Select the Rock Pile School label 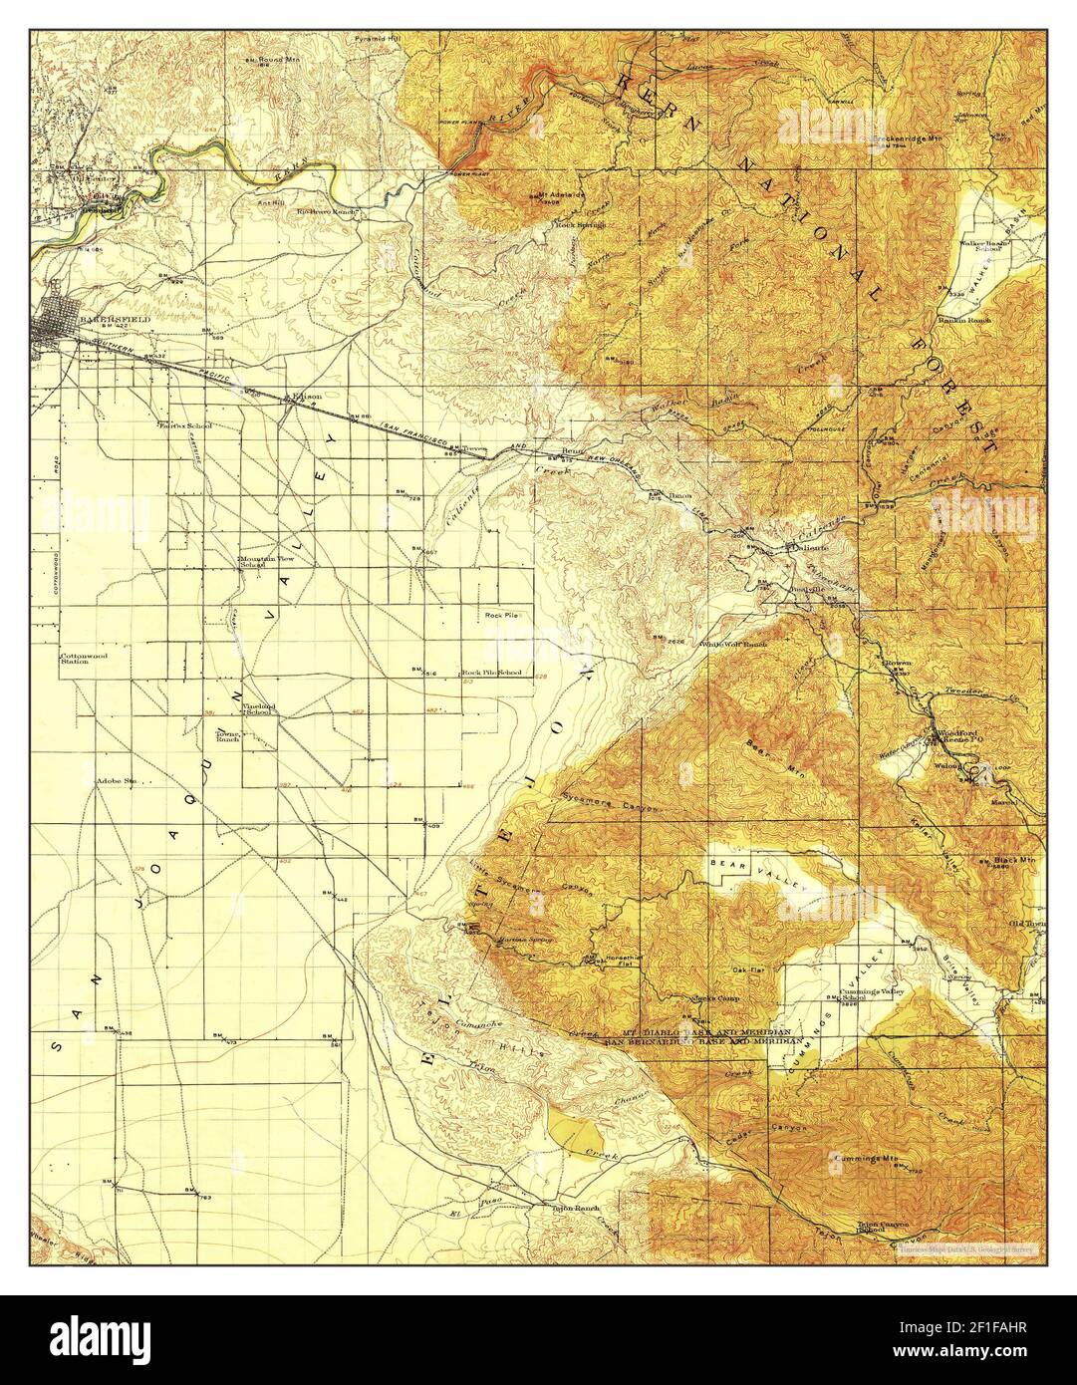(x=495, y=673)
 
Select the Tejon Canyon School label (x=878, y=1229)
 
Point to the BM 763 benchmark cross (x=200, y=1193)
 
